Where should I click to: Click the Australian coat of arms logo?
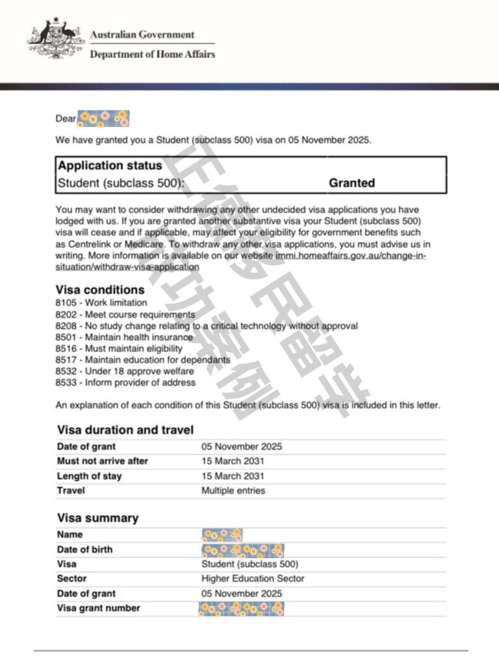pyautogui.click(x=56, y=41)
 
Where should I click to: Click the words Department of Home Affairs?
pyautogui.click(x=152, y=54)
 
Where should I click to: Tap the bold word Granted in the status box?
pyautogui.click(x=352, y=183)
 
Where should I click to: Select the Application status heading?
pyautogui.click(x=110, y=166)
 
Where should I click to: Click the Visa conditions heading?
pyautogui.click(x=101, y=289)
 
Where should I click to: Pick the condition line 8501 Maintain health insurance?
pyautogui.click(x=124, y=337)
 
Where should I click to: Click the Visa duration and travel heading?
pyautogui.click(x=125, y=430)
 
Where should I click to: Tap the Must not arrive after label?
pyautogui.click(x=103, y=461)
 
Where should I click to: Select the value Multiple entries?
pyautogui.click(x=233, y=490)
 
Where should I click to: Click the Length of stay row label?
pyautogui.click(x=89, y=476)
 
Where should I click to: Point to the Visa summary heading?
pyautogui.click(x=97, y=518)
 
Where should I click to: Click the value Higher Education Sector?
pyautogui.click(x=253, y=578)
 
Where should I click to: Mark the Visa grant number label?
pyautogui.click(x=98, y=608)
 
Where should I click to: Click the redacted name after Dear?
pyautogui.click(x=103, y=118)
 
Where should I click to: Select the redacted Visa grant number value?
pyautogui.click(x=242, y=609)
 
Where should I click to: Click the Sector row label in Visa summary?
pyautogui.click(x=71, y=578)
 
